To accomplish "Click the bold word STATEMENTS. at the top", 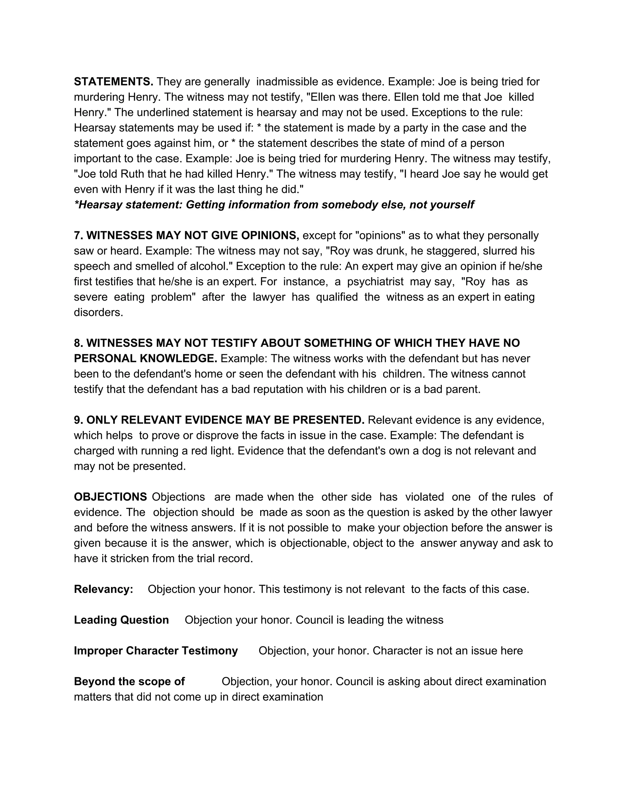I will (x=113, y=82).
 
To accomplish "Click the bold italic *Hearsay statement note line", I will (x=274, y=205).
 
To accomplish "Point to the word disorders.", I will (x=98, y=313).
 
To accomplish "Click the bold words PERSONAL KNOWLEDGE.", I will (x=145, y=359).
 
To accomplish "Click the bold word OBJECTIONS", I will (x=110, y=497).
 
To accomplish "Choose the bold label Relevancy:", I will (x=103, y=589).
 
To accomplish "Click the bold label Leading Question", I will (x=121, y=620).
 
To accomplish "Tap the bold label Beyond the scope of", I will (x=129, y=681).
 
